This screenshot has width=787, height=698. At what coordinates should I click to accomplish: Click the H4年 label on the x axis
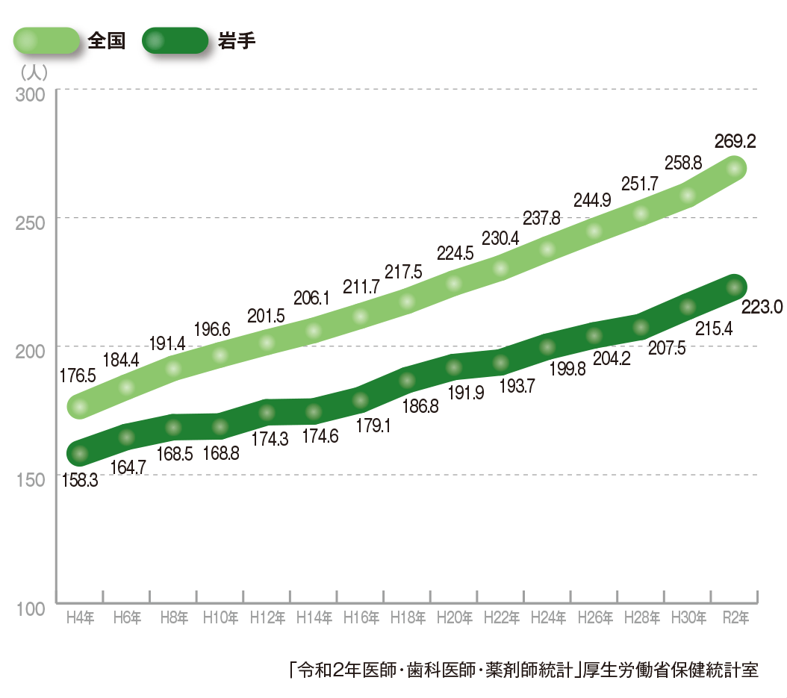coord(79,618)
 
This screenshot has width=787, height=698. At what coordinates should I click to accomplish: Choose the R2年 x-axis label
coord(735,618)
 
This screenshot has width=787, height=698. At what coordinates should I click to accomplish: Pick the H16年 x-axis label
coord(361,618)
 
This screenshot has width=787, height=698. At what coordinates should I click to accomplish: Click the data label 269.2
coord(735,141)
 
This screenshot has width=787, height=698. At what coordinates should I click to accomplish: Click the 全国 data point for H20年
coord(454,284)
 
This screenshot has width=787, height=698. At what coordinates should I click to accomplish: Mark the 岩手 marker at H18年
coord(407,380)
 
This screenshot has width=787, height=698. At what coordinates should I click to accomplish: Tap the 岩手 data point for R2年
coord(735,287)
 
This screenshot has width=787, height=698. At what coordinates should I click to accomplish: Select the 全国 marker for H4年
coord(79,407)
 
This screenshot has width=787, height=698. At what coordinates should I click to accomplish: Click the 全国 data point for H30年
coord(688,196)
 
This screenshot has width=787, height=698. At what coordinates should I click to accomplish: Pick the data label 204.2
coord(612,358)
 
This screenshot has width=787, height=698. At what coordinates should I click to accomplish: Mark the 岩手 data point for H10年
coord(220,427)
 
